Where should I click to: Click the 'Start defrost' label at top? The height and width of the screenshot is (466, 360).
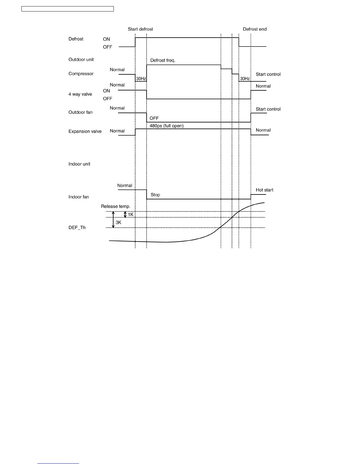click(140, 29)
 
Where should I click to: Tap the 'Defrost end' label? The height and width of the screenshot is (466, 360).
click(255, 29)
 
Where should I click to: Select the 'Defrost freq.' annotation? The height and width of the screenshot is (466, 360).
click(163, 60)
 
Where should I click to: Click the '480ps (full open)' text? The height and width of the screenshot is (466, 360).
click(166, 126)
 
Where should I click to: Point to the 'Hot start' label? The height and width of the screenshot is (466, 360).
click(264, 190)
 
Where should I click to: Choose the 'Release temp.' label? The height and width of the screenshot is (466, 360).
click(116, 207)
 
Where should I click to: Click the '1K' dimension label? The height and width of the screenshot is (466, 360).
click(131, 215)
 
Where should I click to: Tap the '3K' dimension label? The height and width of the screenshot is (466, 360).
click(119, 223)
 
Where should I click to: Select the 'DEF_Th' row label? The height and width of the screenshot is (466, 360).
click(77, 228)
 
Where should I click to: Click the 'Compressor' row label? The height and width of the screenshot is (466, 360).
click(81, 74)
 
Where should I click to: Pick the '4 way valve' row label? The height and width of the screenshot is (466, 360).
click(80, 94)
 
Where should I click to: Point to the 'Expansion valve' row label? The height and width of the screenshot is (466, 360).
click(85, 132)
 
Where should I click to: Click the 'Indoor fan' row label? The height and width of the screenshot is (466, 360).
click(79, 197)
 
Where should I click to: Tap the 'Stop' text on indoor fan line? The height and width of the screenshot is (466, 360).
click(155, 195)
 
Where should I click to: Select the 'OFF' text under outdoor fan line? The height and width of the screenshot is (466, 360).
click(154, 118)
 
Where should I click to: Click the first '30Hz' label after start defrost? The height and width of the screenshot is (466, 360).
click(141, 79)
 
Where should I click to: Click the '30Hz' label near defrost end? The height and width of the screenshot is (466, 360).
click(245, 79)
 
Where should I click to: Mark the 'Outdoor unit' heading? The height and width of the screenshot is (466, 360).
click(81, 60)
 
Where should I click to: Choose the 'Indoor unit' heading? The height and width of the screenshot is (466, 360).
click(79, 164)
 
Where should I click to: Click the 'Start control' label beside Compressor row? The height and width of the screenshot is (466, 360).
click(268, 74)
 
